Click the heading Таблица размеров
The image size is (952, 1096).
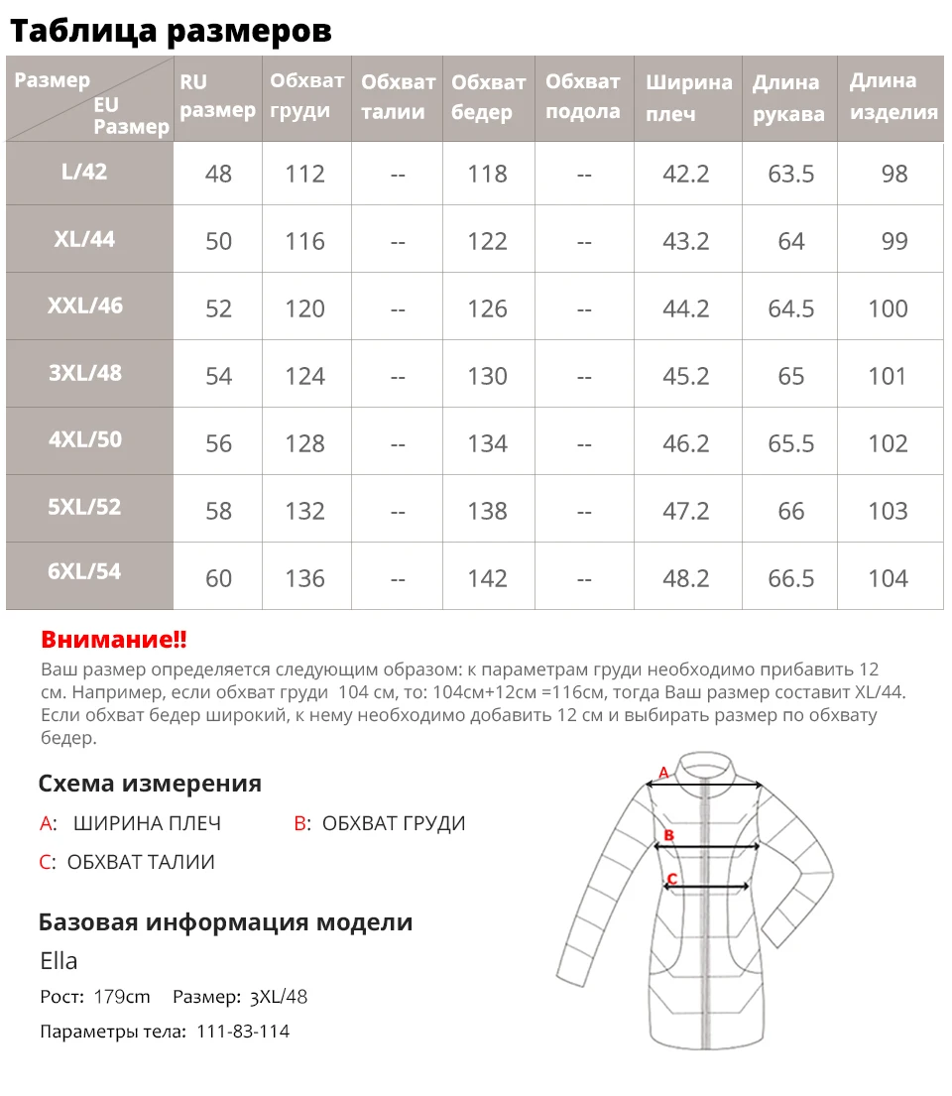click(x=171, y=31)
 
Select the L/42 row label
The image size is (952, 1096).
click(x=83, y=171)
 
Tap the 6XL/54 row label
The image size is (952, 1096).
click(x=84, y=571)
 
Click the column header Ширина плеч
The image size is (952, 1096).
click(x=688, y=97)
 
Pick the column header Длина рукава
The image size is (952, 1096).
click(x=788, y=97)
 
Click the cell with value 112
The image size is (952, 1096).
click(x=304, y=174)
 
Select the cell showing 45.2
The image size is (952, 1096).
click(x=685, y=376)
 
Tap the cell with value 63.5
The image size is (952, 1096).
click(x=790, y=174)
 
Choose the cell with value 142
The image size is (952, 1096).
click(x=487, y=578)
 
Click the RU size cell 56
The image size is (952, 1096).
click(x=218, y=443)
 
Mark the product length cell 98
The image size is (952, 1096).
click(x=893, y=174)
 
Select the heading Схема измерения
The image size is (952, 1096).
click(x=150, y=784)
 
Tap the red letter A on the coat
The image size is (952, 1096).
click(x=664, y=772)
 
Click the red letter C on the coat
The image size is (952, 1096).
click(x=672, y=878)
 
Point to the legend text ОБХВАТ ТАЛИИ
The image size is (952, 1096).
click(x=141, y=862)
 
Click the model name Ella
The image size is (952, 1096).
click(x=59, y=960)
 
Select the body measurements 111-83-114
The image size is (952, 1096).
click(x=243, y=1032)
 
